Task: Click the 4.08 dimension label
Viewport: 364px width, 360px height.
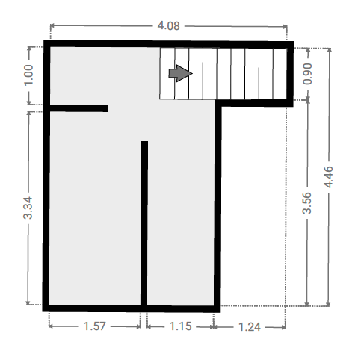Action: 168,26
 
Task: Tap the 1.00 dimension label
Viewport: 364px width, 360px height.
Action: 28,75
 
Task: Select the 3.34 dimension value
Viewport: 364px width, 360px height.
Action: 28,208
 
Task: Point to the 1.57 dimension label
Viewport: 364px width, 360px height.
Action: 95,326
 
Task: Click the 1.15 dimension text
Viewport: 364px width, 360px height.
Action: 180,326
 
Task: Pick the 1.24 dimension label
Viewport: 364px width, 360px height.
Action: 250,327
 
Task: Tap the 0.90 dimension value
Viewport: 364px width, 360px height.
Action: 307,74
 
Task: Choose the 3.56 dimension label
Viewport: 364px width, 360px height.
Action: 307,203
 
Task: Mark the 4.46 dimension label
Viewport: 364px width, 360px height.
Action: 328,177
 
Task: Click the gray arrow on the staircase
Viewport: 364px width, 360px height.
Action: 180,73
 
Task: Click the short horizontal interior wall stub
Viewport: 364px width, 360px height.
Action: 78,108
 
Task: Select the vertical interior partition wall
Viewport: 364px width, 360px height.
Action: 144,223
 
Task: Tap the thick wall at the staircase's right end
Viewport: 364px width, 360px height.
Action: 290,74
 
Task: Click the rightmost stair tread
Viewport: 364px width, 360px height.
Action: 280,74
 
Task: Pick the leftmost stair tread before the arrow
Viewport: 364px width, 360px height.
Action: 167,73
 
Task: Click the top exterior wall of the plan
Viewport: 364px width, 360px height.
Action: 168,44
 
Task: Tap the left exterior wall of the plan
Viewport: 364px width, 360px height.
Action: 46,176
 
